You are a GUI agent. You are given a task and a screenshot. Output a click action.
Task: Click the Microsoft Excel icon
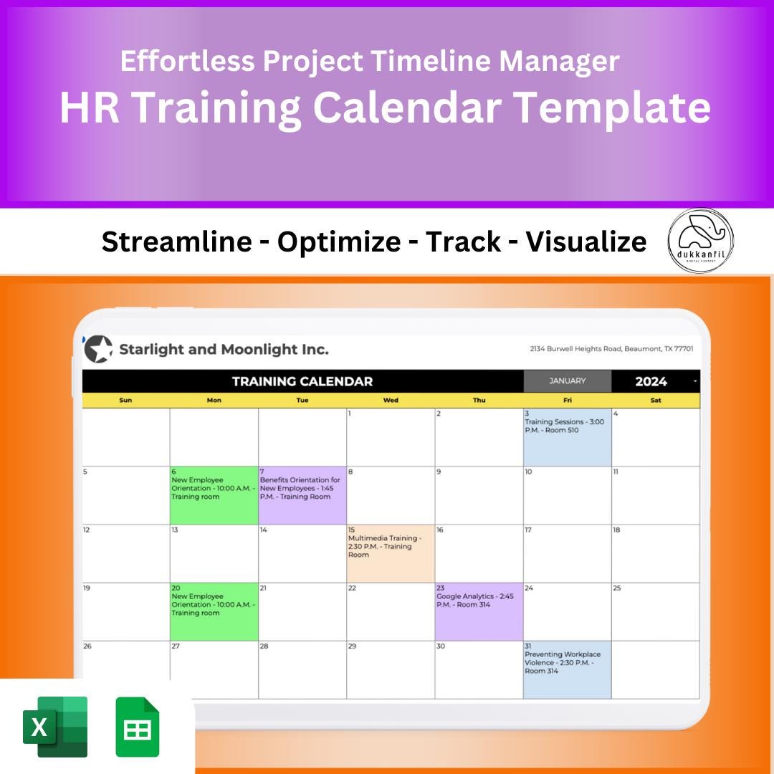click(55, 726)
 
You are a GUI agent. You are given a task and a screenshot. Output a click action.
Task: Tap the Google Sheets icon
click(138, 727)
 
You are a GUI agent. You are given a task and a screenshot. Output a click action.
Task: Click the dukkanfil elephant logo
click(700, 241)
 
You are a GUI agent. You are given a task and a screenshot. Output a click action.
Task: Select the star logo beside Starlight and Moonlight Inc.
click(98, 350)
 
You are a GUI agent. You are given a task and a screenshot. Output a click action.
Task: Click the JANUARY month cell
click(567, 381)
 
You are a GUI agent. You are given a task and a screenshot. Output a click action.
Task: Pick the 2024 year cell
click(651, 381)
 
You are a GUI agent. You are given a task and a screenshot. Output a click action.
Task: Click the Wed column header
click(391, 401)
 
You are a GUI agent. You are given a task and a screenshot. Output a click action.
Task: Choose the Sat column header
click(655, 401)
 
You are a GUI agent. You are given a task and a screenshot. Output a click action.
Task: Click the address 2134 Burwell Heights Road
click(611, 349)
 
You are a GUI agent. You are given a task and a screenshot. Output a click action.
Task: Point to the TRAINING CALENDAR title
click(302, 381)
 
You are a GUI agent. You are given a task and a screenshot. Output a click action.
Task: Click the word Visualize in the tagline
click(586, 242)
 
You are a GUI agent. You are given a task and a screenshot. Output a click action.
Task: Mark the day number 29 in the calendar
click(352, 646)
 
